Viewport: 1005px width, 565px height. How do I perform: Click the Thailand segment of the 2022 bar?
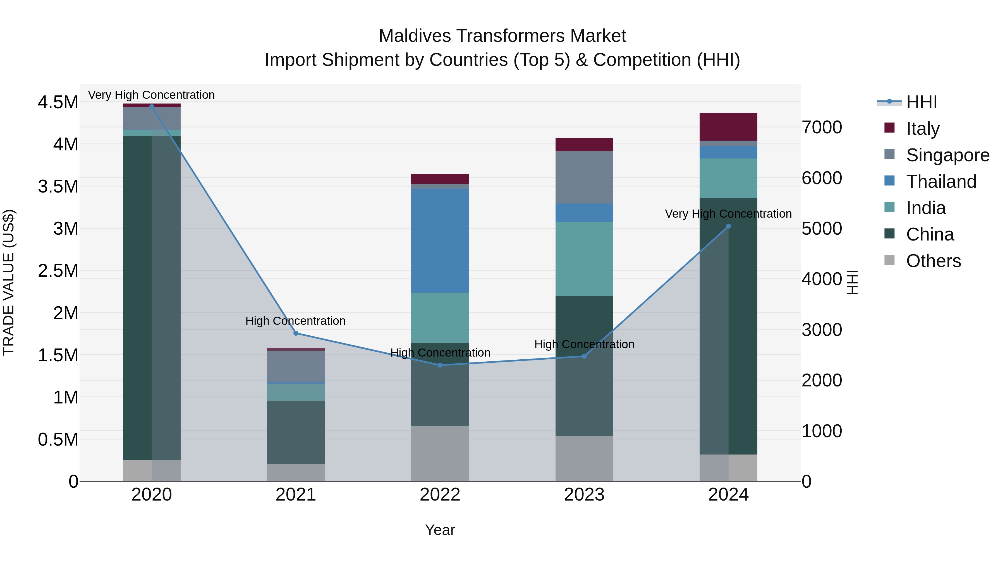tap(440, 240)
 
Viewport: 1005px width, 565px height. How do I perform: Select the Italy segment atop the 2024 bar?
tap(728, 127)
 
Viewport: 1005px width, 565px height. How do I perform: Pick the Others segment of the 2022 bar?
tap(440, 453)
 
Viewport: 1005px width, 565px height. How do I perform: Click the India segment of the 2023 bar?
tap(584, 259)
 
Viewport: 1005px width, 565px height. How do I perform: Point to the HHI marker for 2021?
tap(296, 333)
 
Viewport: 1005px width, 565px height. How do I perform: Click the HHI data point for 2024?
tap(728, 226)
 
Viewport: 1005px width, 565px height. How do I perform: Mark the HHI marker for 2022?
tap(440, 365)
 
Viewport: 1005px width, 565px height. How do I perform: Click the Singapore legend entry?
tap(947, 155)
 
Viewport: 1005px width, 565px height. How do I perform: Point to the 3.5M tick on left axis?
tap(58, 186)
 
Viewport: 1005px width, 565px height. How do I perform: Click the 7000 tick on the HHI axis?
tap(822, 127)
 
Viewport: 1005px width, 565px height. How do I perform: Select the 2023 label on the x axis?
tap(584, 494)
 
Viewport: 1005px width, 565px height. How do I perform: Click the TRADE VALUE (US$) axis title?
tap(9, 282)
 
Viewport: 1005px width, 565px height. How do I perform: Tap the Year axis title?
tap(440, 530)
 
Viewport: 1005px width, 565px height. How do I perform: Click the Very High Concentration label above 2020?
tap(151, 95)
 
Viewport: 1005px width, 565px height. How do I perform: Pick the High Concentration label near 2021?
tap(295, 321)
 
